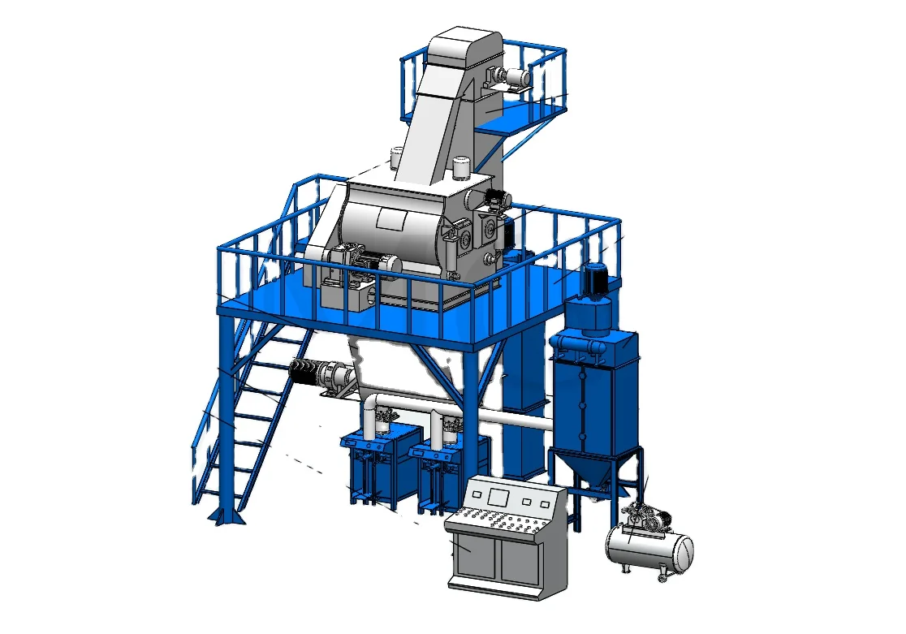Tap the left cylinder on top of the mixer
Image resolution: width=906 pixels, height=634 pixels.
[x=397, y=157]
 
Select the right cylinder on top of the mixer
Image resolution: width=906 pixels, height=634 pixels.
[x=462, y=168]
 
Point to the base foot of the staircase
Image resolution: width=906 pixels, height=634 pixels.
[x=228, y=515]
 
